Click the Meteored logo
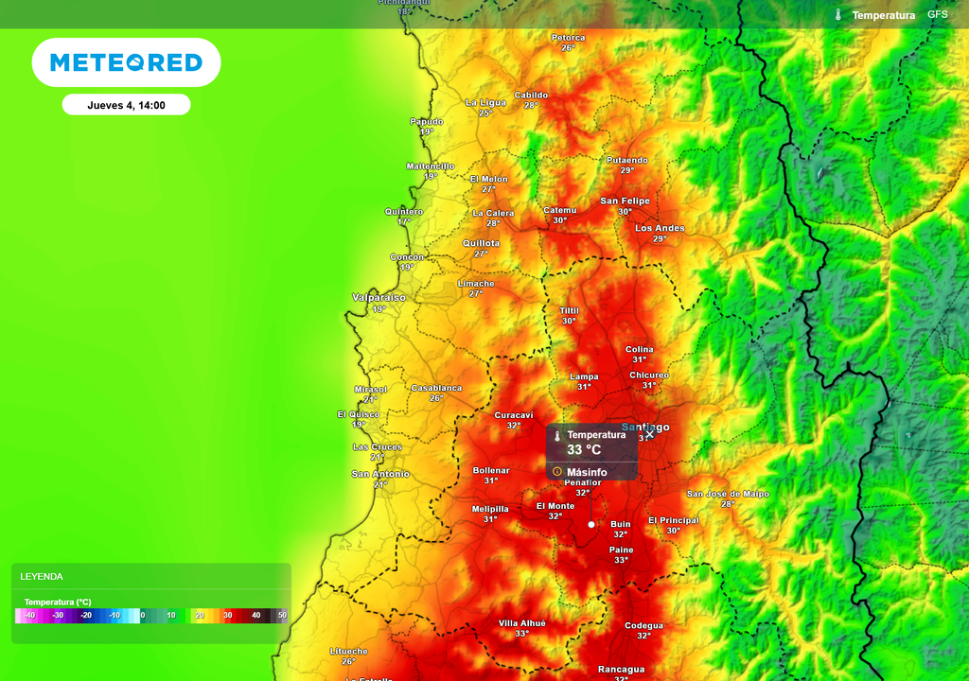(x=126, y=62)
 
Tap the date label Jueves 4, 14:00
(x=126, y=105)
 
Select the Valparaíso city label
(x=379, y=297)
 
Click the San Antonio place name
(x=380, y=474)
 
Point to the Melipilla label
(x=490, y=509)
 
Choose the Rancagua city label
(x=621, y=670)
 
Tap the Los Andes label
(x=660, y=228)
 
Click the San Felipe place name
(x=625, y=201)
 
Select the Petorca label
(x=568, y=38)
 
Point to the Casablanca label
(x=436, y=388)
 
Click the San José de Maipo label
(x=728, y=494)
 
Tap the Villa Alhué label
(x=522, y=623)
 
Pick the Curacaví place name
(x=514, y=415)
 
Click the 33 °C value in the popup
(x=584, y=450)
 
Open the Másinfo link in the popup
(x=587, y=472)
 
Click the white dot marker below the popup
(x=591, y=524)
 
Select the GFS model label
(x=937, y=15)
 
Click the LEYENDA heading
(x=42, y=576)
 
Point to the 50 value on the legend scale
(x=282, y=616)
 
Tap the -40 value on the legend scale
(x=29, y=616)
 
